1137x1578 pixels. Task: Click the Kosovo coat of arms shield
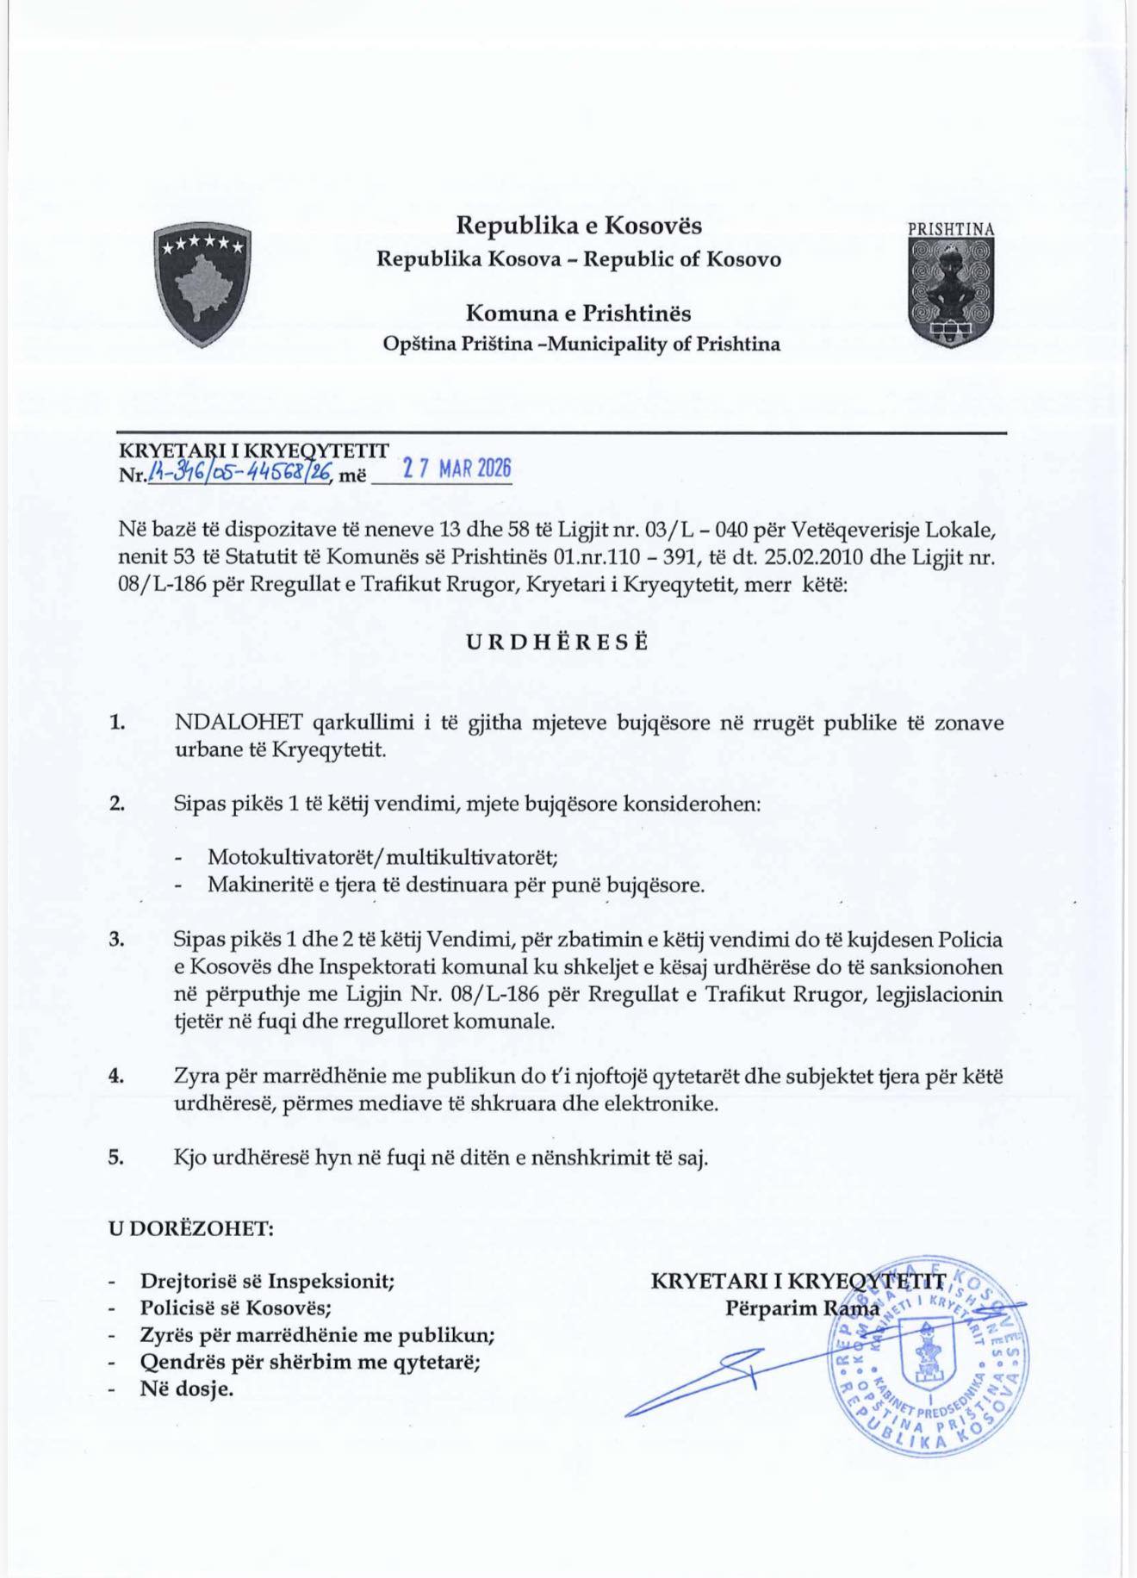tap(202, 283)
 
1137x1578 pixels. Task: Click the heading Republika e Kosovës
tap(579, 226)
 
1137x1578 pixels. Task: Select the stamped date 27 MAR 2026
tap(458, 469)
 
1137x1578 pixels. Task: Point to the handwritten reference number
tap(240, 472)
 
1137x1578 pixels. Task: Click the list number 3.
tap(117, 940)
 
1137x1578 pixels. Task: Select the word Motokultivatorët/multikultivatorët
tap(383, 857)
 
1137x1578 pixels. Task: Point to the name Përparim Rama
tap(802, 1308)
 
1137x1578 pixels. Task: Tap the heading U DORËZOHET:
tap(191, 1227)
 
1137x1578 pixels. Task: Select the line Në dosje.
tap(187, 1389)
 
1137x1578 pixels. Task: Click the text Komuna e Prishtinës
tap(579, 312)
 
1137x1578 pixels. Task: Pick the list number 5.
tap(116, 1157)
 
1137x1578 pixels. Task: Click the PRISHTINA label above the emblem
tap(951, 230)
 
